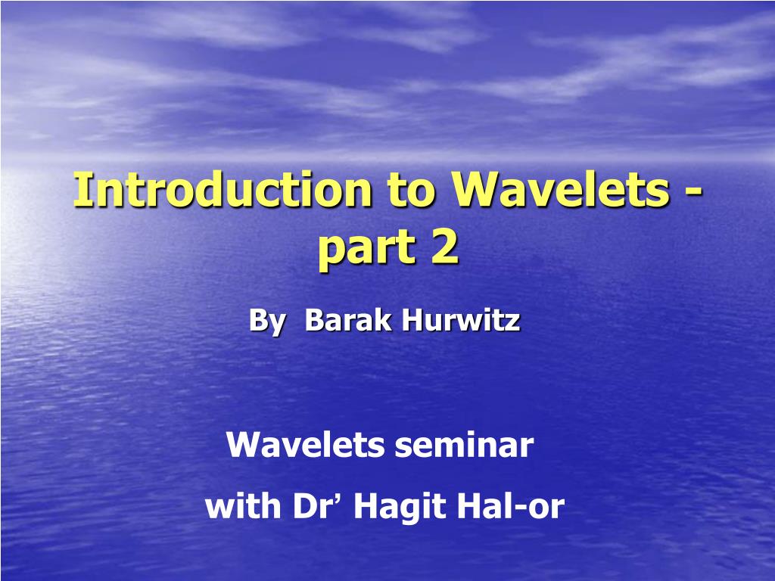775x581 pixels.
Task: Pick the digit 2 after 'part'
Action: pos(445,248)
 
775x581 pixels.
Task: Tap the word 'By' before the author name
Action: pos(266,322)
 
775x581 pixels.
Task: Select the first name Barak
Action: pos(347,321)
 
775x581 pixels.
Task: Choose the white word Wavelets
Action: pos(305,446)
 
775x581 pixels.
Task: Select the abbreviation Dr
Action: pos(310,506)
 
